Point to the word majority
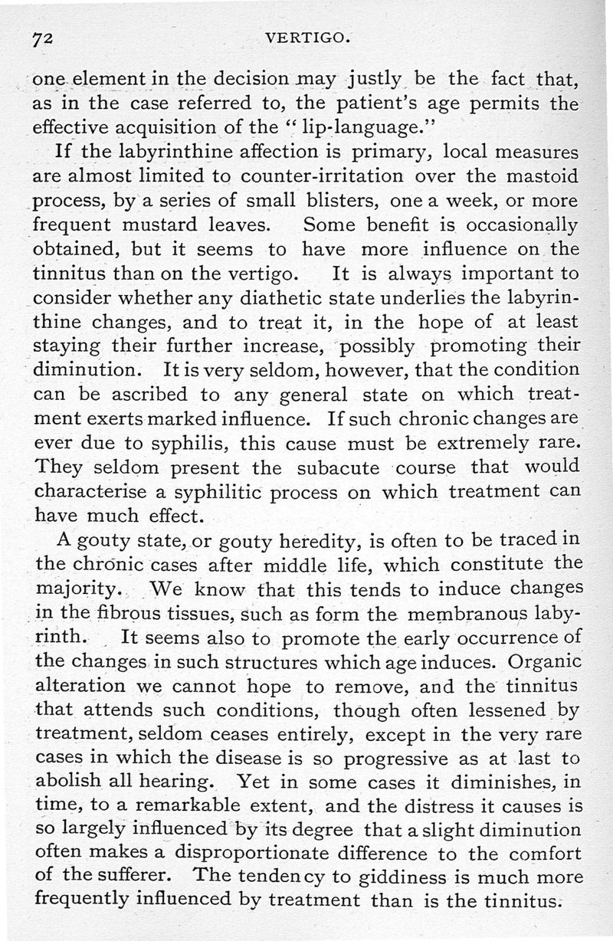coord(79,590)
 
